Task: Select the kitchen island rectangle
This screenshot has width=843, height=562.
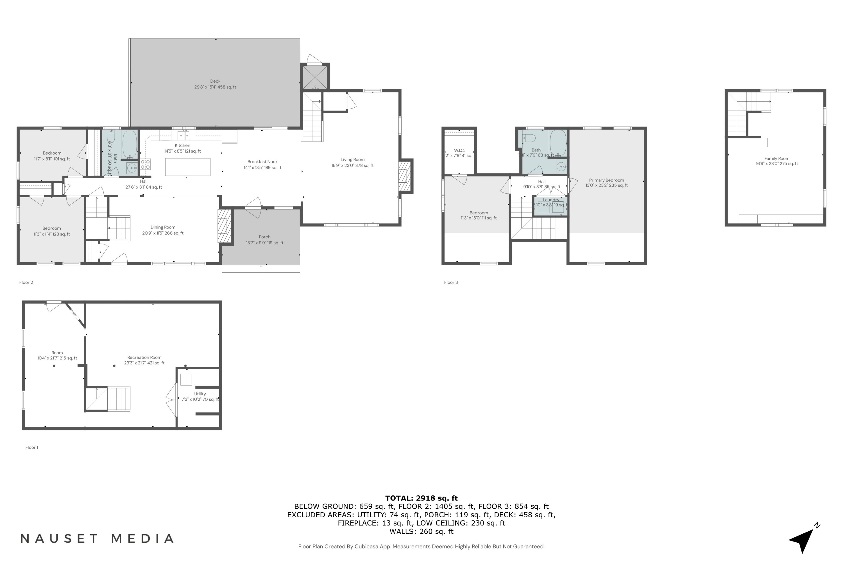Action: pos(187,167)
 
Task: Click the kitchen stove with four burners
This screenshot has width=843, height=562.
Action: pos(145,164)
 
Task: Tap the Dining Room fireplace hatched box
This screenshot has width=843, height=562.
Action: pos(224,226)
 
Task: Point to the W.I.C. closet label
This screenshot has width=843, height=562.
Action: pos(459,151)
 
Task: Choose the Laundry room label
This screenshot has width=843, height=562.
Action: pos(550,200)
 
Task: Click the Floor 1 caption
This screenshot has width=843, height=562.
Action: pos(31,447)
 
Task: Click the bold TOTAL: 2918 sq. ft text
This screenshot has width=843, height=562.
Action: pos(421,498)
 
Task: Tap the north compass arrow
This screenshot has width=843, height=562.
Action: pos(803,540)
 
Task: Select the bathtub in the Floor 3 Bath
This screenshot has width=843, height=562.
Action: pos(558,143)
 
